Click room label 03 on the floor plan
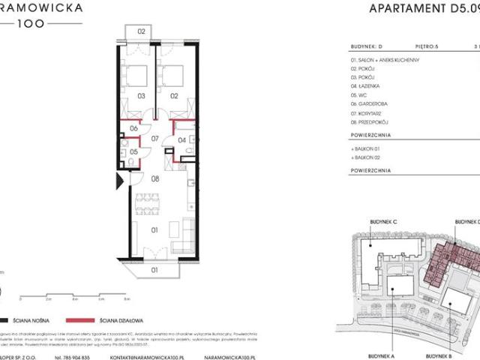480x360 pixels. pos(140,96)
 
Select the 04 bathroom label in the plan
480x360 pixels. pos(181,139)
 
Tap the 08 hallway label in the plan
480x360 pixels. pos(155,179)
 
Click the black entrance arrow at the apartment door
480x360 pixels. pos(118,181)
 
